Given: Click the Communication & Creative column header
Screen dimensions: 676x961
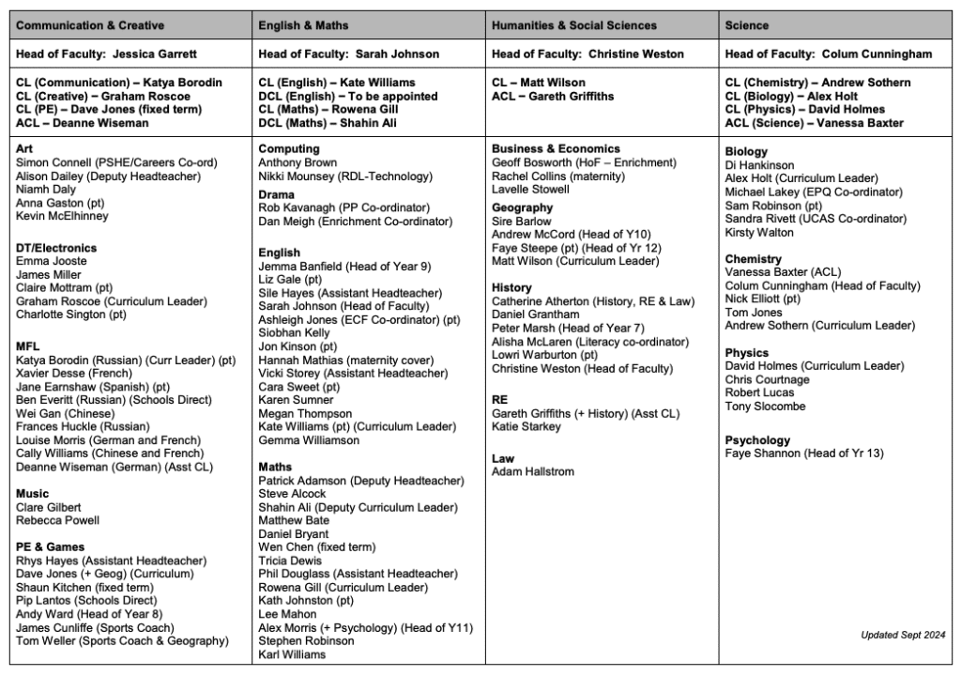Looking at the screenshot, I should (x=90, y=25).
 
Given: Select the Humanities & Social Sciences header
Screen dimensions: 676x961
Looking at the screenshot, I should (x=574, y=25).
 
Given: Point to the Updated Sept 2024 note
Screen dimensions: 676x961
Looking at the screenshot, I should (x=903, y=635).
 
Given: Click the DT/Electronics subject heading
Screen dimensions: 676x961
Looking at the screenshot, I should (x=56, y=248).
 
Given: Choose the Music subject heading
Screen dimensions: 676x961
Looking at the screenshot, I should (x=33, y=493).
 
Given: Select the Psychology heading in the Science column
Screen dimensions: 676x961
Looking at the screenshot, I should (x=757, y=439).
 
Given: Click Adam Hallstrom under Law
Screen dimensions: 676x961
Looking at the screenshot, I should (x=533, y=471).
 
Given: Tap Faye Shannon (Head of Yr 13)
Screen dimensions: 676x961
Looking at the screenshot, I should (x=803, y=453).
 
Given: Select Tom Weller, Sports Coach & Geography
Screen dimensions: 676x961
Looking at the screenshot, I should (x=122, y=640).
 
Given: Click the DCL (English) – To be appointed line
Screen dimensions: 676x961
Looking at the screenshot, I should (x=347, y=96).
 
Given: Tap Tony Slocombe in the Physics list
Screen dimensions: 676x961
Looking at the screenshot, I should (x=765, y=407).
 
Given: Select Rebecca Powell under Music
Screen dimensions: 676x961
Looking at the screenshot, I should (x=57, y=520).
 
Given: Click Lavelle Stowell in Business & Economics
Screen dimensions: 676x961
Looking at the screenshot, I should (x=530, y=189).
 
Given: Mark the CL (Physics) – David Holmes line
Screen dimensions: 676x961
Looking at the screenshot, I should (x=803, y=109).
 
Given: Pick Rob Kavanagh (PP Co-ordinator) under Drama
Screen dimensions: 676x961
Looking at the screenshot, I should (x=343, y=207).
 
